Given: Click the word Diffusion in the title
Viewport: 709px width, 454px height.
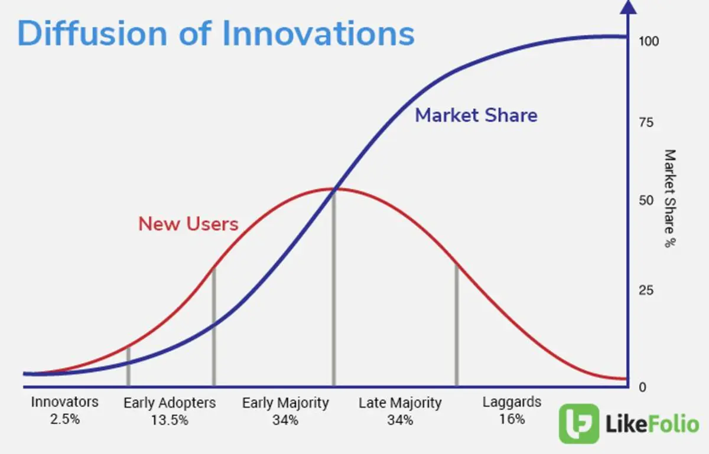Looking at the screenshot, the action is (x=92, y=33).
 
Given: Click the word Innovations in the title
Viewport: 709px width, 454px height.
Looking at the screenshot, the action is (x=318, y=33).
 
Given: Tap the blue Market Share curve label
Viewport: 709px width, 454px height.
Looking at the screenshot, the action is (x=476, y=115).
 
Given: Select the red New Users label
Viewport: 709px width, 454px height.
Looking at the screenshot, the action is (x=188, y=224).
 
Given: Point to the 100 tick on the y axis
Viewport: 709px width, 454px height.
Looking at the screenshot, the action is (x=649, y=41).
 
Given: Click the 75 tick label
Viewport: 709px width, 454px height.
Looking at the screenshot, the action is (x=646, y=122).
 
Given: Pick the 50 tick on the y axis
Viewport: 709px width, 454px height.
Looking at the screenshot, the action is (x=646, y=200).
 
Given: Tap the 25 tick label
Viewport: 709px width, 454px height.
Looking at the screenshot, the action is (x=646, y=290).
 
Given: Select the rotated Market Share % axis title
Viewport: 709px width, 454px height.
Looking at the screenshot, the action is (x=670, y=198).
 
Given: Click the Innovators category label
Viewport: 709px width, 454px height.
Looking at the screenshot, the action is (x=65, y=402).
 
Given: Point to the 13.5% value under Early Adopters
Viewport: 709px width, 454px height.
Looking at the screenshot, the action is (x=170, y=420).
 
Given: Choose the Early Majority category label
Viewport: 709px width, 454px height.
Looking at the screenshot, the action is (x=285, y=403).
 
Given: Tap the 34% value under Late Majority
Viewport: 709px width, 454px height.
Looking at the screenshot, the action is (x=400, y=420).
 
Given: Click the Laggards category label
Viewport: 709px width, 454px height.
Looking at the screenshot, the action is (x=512, y=403).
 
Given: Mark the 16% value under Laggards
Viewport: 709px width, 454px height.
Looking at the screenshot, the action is (x=512, y=419).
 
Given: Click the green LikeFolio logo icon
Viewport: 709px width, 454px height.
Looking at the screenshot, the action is (x=579, y=424).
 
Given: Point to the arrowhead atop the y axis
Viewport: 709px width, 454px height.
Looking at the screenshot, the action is (x=628, y=7).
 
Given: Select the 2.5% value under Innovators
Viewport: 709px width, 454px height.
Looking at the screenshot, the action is (x=65, y=419).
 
